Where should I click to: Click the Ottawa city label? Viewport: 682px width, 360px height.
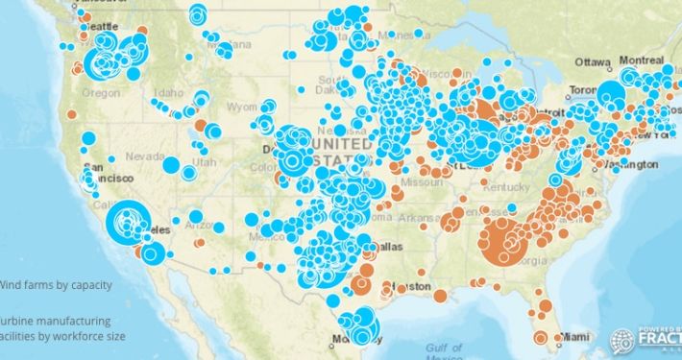coord(594,61)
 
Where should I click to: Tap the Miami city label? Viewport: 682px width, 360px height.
coord(576,336)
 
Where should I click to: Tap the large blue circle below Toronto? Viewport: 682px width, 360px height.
coord(611,95)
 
